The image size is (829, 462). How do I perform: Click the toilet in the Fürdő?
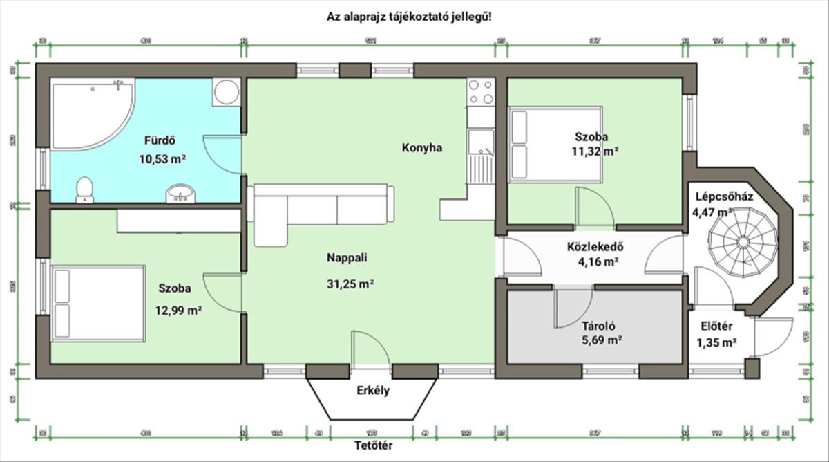(84, 190)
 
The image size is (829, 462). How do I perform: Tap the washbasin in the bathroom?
(181, 194)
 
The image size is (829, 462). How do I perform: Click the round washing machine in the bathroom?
(225, 92)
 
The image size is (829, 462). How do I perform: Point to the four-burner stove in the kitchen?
(481, 92)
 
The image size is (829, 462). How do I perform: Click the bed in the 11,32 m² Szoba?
(555, 144)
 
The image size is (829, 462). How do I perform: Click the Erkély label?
(373, 391)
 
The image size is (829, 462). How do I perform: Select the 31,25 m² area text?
(350, 283)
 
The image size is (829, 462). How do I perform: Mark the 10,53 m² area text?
(164, 158)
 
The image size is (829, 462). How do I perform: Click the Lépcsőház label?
(723, 197)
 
